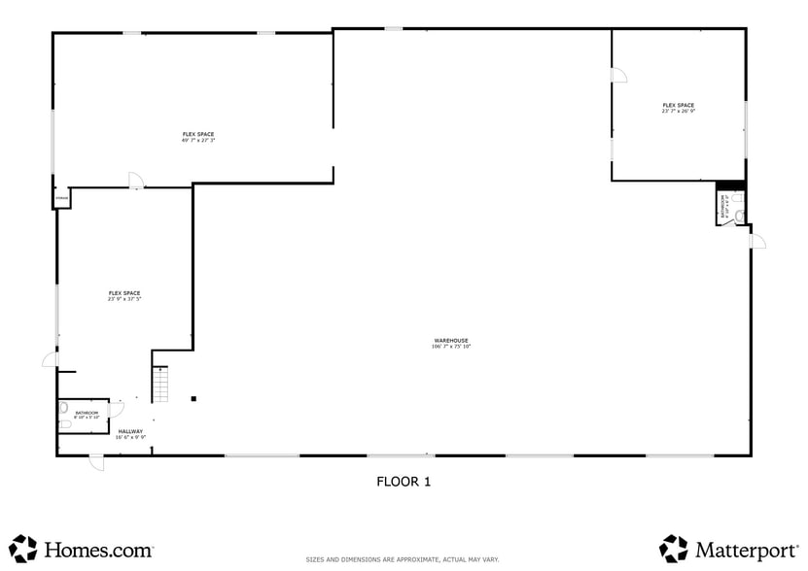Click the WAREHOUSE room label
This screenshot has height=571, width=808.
tap(451, 340)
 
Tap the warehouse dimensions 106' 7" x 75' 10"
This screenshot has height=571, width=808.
tap(451, 347)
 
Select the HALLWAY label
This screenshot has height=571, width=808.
tap(130, 431)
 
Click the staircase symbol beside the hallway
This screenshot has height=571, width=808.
tap(161, 385)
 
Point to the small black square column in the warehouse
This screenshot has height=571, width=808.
tap(193, 398)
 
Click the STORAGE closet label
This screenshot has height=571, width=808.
tap(61, 199)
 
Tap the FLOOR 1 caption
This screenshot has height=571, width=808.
tap(404, 481)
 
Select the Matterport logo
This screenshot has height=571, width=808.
tap(725, 549)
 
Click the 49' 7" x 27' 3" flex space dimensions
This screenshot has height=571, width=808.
tap(197, 141)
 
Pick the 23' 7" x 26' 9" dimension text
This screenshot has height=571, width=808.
tap(678, 112)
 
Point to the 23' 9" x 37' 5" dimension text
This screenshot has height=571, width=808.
tap(124, 299)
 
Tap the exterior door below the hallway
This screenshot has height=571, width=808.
tap(96, 462)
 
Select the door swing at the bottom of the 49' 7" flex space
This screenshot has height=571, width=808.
tap(136, 181)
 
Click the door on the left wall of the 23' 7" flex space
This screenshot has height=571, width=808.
tap(618, 75)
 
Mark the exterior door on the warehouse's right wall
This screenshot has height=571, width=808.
tap(757, 241)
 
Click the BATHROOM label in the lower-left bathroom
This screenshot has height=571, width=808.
tap(87, 413)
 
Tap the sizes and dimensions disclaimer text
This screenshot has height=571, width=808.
tap(403, 559)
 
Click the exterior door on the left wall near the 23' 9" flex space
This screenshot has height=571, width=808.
tap(50, 359)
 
